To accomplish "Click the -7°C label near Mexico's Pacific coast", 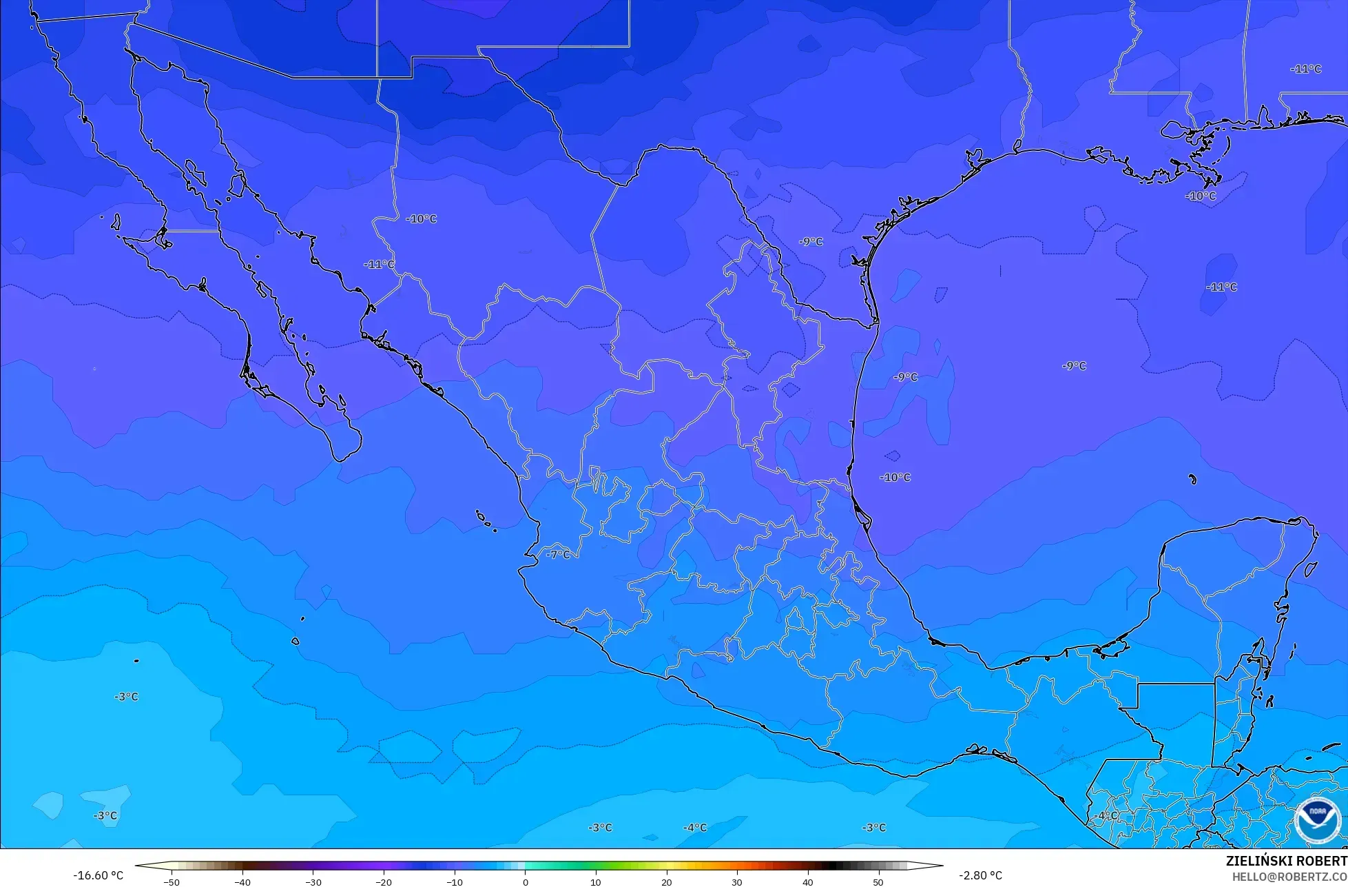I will [x=558, y=554].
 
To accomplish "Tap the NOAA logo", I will [x=1316, y=820].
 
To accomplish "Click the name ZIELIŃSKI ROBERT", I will [x=1286, y=861].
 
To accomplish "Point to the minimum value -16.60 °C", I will [x=98, y=875].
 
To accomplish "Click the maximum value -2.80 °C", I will [x=980, y=875].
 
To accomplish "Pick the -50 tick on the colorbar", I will [x=172, y=881].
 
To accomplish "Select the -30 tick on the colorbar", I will [x=313, y=881].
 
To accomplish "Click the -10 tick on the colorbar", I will [x=454, y=881].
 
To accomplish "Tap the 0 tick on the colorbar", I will [x=525, y=881].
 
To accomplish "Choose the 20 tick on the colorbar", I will [x=666, y=881].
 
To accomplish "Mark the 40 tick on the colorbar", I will [x=807, y=881].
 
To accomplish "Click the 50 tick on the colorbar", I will [x=878, y=881].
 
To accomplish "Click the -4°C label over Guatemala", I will [x=1107, y=815].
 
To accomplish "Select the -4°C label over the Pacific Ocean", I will [x=694, y=827].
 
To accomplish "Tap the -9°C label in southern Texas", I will [x=811, y=241].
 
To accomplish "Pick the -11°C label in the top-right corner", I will [x=1305, y=69].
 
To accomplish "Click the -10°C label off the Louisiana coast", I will [x=1201, y=196].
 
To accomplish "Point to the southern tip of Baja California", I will [x=339, y=460].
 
